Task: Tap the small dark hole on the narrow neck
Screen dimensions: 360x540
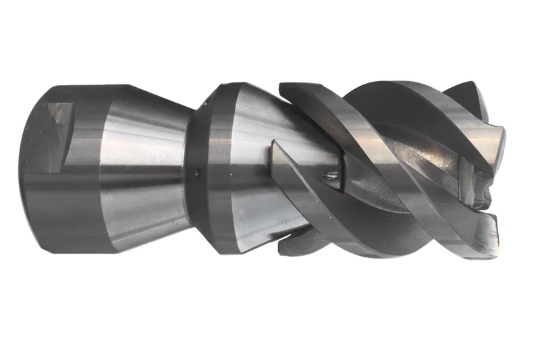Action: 197,172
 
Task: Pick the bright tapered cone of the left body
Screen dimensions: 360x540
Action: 145,162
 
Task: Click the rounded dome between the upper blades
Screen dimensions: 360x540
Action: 378,101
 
